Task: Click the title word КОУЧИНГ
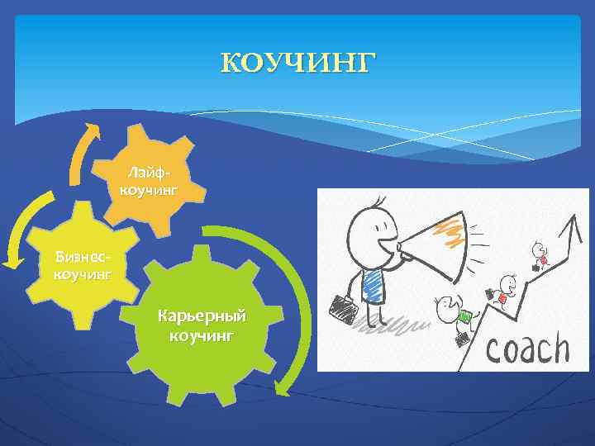[297, 63]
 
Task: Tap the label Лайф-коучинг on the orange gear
[150, 182]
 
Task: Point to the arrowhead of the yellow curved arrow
[11, 261]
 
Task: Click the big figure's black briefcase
[345, 307]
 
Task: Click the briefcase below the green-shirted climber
[460, 339]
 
